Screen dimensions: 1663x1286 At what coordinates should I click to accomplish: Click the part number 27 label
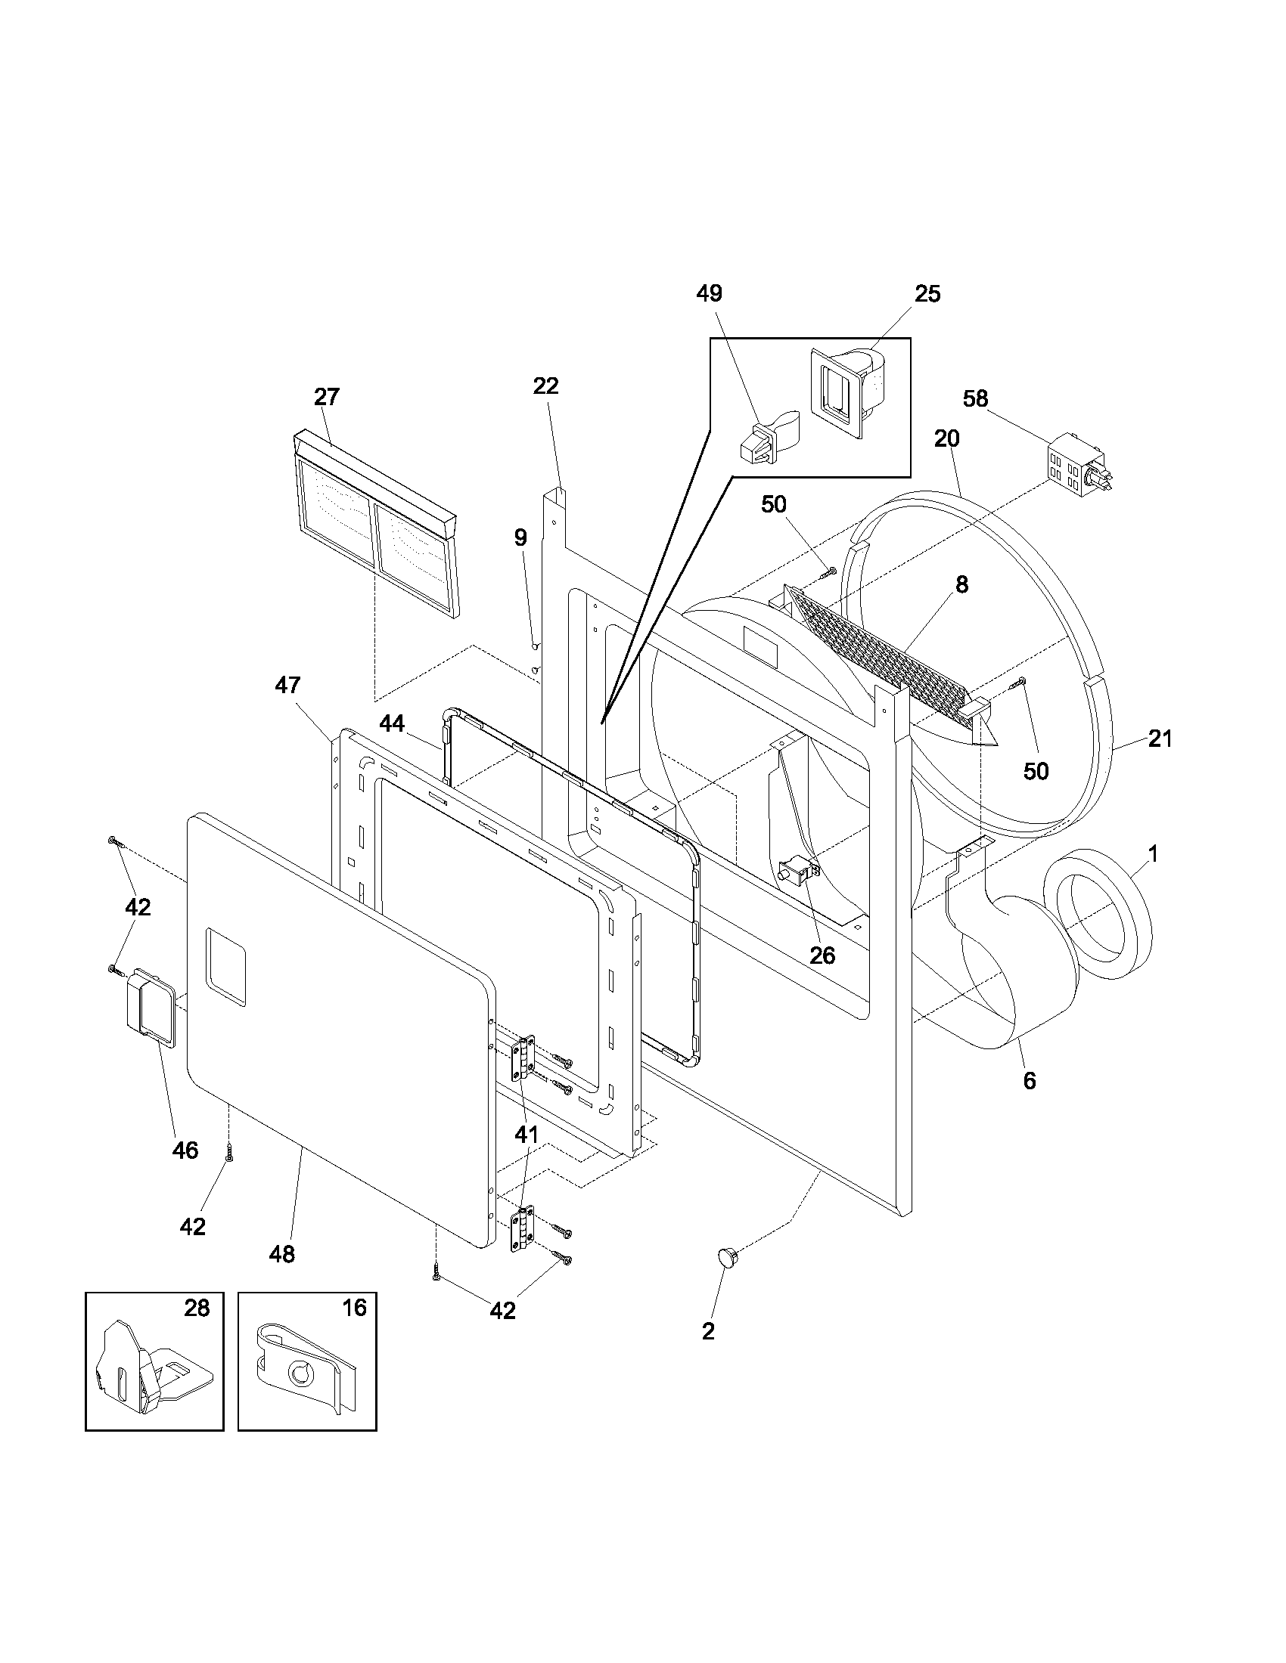pyautogui.click(x=326, y=397)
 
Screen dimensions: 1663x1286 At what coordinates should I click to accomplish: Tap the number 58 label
pyautogui.click(x=975, y=398)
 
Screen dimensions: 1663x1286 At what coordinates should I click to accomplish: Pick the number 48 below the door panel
pyautogui.click(x=282, y=1254)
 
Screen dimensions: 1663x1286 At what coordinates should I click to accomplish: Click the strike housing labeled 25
pyautogui.click(x=842, y=392)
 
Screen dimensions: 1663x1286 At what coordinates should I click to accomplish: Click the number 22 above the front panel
pyautogui.click(x=545, y=386)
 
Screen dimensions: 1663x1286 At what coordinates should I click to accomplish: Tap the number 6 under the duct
pyautogui.click(x=1030, y=1080)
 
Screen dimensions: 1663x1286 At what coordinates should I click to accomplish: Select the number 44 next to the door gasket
pyautogui.click(x=393, y=723)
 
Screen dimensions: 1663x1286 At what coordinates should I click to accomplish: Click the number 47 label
pyautogui.click(x=287, y=686)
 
